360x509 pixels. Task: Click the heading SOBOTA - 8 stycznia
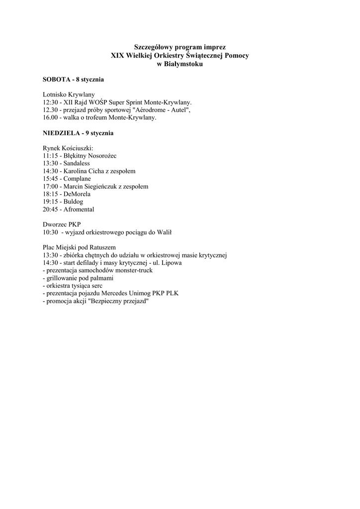tap(73, 80)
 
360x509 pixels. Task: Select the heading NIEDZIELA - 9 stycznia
tap(79, 133)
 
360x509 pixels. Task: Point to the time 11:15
tap(51, 156)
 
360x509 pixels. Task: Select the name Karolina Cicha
tap(84, 171)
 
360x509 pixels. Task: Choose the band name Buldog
tap(73, 202)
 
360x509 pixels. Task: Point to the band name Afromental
tap(79, 209)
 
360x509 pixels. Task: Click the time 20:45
tap(51, 209)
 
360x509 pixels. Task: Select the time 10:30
tap(51, 233)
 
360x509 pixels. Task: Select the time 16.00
tap(51, 118)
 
